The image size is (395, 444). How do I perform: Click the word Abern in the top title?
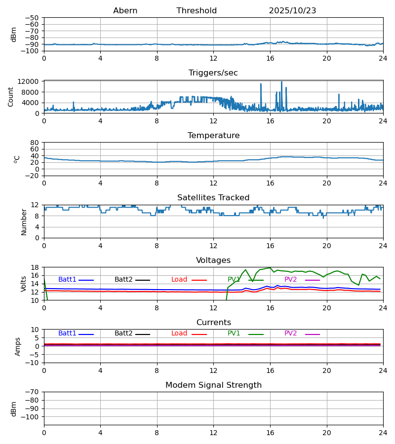click(125, 11)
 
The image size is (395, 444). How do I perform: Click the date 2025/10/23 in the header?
click(292, 11)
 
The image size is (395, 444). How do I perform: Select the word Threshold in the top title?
click(197, 11)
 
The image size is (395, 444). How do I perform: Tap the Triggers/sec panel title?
click(213, 73)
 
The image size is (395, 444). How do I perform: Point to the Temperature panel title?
click(213, 136)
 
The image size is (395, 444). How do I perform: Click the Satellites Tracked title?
click(213, 198)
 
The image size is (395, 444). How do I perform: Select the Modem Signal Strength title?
click(213, 385)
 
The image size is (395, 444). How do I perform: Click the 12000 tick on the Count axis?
click(31, 81)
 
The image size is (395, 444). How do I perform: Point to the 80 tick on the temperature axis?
click(35, 143)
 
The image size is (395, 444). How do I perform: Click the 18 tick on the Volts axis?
click(35, 267)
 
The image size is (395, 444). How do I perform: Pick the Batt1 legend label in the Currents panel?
click(67, 333)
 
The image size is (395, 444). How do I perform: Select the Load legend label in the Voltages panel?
click(179, 280)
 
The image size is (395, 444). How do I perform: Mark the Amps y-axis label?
click(18, 346)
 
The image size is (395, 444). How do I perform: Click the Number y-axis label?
click(24, 222)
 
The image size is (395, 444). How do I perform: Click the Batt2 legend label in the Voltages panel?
click(123, 280)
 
